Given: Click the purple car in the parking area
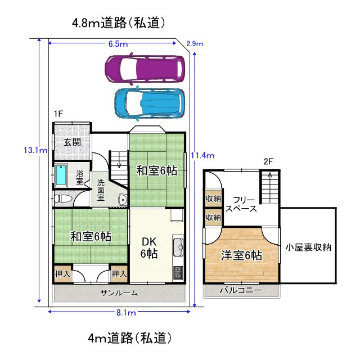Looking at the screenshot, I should coord(145,68).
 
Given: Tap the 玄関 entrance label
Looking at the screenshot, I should coord(70,141).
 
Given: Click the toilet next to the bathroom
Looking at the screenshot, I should coord(62,198).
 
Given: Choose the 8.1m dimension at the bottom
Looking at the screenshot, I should coord(126,312).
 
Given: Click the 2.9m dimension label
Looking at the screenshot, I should coord(195,44).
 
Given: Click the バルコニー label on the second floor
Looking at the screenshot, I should coord(241,290).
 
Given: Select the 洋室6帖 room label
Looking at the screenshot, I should coord(242,255).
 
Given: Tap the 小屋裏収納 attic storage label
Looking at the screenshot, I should coord(308,246).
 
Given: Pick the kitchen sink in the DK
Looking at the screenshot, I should coord(178,246).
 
